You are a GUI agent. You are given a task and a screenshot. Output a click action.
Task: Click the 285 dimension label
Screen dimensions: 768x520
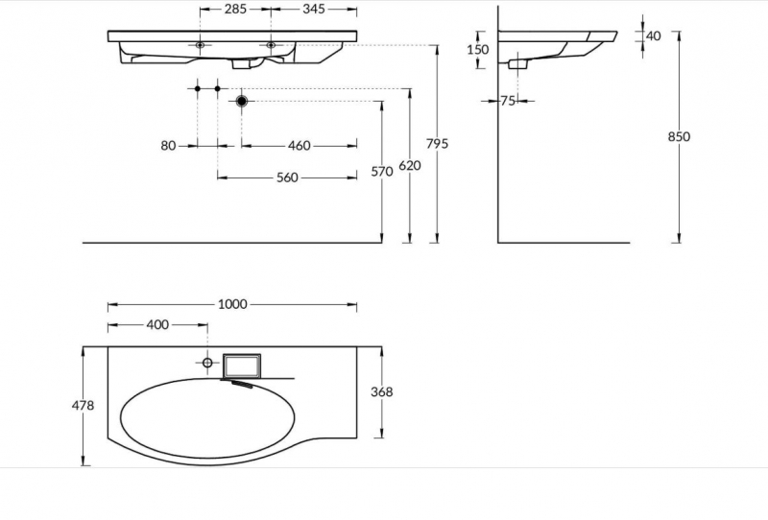235,9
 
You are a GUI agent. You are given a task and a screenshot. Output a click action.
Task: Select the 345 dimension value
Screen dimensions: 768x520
314,9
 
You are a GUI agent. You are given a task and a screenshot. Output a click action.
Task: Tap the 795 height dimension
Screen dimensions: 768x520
437,144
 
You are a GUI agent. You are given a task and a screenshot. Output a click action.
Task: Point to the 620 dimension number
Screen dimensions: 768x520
410,166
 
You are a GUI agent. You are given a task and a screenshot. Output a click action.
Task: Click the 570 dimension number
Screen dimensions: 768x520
381,172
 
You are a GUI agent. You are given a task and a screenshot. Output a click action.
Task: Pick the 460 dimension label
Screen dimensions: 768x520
299,146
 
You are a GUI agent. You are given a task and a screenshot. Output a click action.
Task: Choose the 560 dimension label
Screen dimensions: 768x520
287,177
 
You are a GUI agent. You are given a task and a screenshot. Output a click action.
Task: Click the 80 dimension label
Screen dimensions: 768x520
168,146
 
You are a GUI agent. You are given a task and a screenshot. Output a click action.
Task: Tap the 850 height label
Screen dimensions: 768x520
679,136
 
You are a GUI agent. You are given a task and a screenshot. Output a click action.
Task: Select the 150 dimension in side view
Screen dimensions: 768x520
477,50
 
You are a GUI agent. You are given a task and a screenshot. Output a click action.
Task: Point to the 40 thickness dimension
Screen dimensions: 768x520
654,35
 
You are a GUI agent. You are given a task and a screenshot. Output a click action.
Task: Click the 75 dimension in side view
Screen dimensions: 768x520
508,101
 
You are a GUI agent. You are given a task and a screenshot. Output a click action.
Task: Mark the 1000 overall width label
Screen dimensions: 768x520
232,304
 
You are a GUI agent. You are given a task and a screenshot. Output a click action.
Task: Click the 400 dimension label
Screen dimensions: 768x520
157,324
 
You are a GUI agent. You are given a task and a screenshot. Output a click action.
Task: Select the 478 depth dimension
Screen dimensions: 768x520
83,406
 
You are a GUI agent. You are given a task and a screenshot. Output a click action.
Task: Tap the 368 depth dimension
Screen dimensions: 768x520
381,391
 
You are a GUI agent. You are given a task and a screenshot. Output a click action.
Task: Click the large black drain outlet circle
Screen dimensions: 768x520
242,102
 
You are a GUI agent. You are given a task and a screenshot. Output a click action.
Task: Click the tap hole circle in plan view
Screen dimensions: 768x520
207,363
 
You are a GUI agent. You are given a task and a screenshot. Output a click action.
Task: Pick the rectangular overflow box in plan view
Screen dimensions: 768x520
242,366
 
